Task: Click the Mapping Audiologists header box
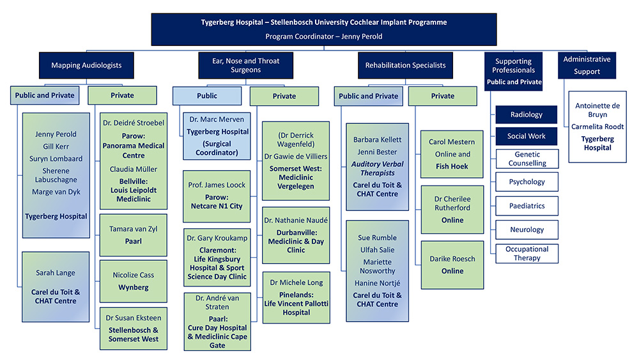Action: [x=86, y=65]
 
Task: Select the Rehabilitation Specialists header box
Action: [x=405, y=65]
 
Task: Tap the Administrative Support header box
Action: [x=587, y=65]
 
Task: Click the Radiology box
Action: [x=527, y=115]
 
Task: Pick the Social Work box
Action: [x=527, y=136]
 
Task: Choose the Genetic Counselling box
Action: [x=527, y=159]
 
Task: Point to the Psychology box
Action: [x=527, y=182]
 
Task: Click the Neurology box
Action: [x=527, y=230]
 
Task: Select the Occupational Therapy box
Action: [x=527, y=253]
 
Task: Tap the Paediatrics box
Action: [x=527, y=206]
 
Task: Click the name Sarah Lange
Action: [x=56, y=273]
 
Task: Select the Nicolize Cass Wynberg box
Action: [x=134, y=281]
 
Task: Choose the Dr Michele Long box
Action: [x=296, y=297]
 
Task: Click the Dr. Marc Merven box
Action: [x=217, y=136]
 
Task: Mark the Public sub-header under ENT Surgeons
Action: [x=207, y=96]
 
